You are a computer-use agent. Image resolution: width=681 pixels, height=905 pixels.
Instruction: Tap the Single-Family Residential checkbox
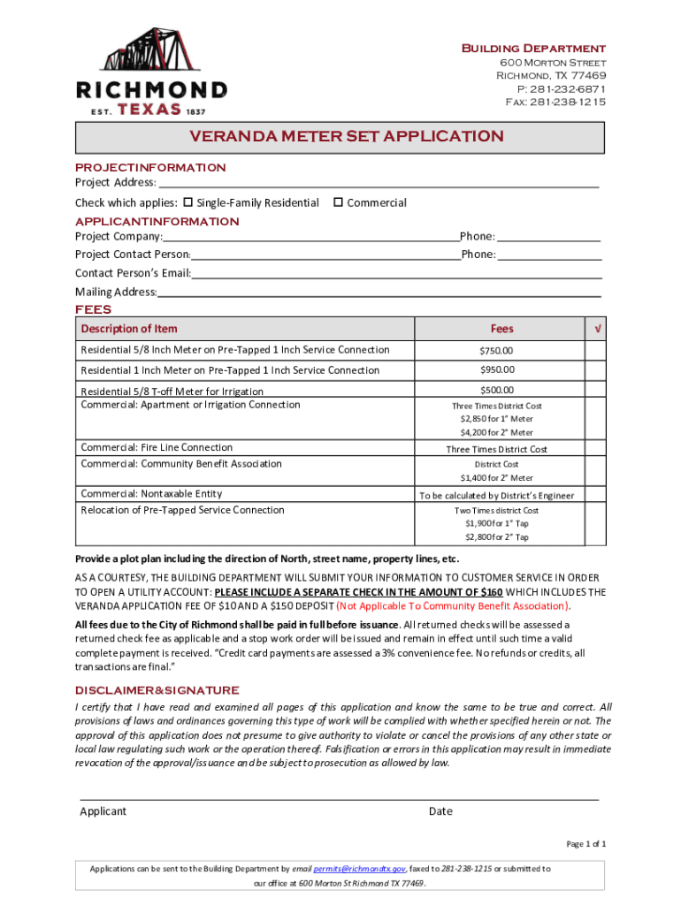pyautogui.click(x=187, y=202)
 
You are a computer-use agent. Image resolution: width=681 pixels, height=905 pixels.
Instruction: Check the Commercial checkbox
pyautogui.click(x=338, y=202)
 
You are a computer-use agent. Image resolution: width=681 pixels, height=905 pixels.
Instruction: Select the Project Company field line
pyautogui.click(x=310, y=238)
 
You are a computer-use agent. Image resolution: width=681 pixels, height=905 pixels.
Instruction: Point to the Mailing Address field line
pyautogui.click(x=379, y=293)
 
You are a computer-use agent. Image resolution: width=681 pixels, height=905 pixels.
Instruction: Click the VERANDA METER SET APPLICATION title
pyautogui.click(x=346, y=137)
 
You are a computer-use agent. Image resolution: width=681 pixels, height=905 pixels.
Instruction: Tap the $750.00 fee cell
pyautogui.click(x=496, y=350)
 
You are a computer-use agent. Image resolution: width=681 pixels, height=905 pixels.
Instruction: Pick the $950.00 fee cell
pyautogui.click(x=496, y=369)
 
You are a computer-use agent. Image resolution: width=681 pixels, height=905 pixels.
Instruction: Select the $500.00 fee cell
pyautogui.click(x=496, y=390)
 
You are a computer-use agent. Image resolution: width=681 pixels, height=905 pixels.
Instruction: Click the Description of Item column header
pyautogui.click(x=129, y=329)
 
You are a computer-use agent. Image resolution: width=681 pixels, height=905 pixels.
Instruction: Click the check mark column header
pyautogui.click(x=599, y=329)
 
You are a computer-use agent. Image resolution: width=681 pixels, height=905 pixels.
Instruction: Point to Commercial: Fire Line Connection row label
pyautogui.click(x=157, y=447)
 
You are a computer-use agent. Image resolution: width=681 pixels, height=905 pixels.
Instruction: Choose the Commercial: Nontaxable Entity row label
pyautogui.click(x=151, y=493)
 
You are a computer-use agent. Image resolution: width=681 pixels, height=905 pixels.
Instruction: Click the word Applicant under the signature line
pyautogui.click(x=103, y=811)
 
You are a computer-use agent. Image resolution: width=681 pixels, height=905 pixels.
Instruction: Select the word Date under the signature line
pyautogui.click(x=440, y=811)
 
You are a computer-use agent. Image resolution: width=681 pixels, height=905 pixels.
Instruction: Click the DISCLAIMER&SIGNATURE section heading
pyautogui.click(x=157, y=690)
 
